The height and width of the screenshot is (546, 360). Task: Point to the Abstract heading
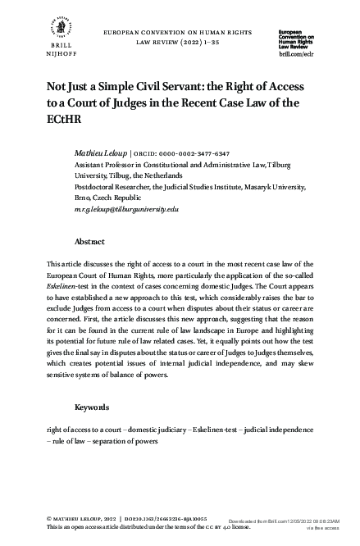click(x=89, y=243)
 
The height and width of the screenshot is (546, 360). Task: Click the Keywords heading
click(x=93, y=407)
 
